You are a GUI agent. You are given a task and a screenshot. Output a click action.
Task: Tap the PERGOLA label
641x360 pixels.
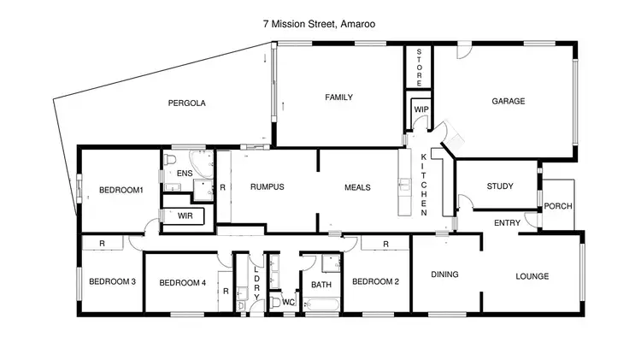187,103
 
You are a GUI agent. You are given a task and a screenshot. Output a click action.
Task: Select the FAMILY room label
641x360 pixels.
338,97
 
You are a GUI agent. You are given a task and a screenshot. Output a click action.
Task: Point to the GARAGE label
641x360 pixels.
508,101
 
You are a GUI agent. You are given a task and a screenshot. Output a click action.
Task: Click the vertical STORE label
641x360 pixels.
419,65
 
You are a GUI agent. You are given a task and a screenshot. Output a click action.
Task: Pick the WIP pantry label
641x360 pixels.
420,110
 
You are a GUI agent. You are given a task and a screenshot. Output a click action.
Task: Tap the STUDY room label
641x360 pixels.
500,186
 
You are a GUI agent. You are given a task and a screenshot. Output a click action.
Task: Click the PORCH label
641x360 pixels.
558,206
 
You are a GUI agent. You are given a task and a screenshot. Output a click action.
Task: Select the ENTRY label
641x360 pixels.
508,223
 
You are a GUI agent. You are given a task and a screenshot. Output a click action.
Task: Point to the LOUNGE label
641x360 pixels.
532,276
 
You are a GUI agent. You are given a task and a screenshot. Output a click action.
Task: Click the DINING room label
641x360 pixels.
444,274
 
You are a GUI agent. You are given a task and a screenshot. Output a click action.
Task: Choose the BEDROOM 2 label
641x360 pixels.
376,281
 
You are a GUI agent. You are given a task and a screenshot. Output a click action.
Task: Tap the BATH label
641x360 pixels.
321,285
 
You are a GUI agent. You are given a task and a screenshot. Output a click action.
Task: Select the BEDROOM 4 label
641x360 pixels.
183,282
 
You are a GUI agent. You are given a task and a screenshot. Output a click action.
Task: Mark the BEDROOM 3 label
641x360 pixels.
113,281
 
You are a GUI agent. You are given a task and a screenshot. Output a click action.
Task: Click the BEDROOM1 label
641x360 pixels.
121,190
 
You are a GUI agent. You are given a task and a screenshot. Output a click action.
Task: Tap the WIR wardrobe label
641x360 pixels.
185,216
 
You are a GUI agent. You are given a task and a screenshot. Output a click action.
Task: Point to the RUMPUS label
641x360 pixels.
267,186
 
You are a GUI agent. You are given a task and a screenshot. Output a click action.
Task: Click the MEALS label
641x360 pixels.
357,186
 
